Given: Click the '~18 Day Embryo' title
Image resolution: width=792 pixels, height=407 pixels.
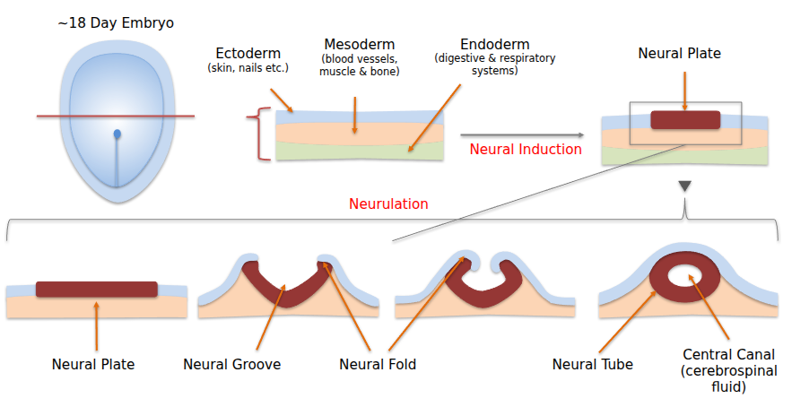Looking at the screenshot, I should pos(117,22).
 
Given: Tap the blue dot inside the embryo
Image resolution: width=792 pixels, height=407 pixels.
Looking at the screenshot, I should pos(117,135).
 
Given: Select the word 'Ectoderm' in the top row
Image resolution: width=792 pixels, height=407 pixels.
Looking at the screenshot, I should pos(248,52).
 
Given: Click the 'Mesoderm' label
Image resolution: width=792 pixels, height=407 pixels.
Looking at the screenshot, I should pos(359,44).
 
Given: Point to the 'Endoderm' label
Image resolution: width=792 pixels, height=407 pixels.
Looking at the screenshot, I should pos(493,44).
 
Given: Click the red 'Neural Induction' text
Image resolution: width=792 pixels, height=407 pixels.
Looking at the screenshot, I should pos(526,149).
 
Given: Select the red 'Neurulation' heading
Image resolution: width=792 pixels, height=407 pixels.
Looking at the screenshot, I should pos(389,203).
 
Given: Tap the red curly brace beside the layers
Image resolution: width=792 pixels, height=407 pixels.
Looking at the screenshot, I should pos(262,134).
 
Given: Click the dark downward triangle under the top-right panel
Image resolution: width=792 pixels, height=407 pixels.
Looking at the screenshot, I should pos(684,186).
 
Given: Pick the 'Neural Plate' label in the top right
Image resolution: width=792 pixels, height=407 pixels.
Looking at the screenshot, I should pos(679,53).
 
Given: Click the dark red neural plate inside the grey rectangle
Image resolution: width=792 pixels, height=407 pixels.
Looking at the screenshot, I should pos(685,120).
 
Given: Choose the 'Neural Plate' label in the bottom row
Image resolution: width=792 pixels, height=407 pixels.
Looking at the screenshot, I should pos(93,364).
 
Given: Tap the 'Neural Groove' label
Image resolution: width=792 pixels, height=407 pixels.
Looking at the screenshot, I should pos(231,364).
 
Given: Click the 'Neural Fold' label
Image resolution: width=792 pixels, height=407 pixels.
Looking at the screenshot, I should pos(378,364).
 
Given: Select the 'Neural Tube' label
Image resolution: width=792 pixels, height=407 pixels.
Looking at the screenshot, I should pos(593,364).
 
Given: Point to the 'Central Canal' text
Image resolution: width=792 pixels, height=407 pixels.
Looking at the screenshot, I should pos(728,354).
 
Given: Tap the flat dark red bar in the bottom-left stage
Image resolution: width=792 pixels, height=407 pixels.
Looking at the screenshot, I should pos(97,290).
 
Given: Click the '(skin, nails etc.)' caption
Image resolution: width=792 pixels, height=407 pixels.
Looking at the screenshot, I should pos(248,67).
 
